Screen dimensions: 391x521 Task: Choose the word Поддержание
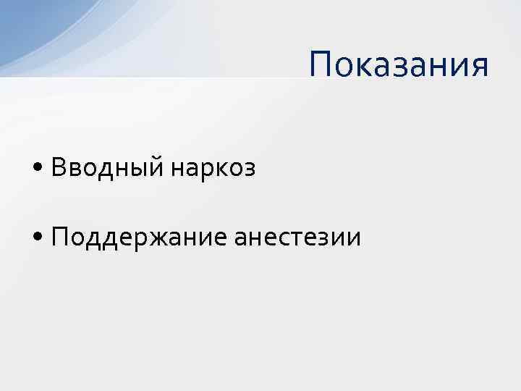(140, 236)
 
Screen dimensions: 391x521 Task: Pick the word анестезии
(297, 236)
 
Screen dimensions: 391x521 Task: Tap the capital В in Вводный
(58, 167)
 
